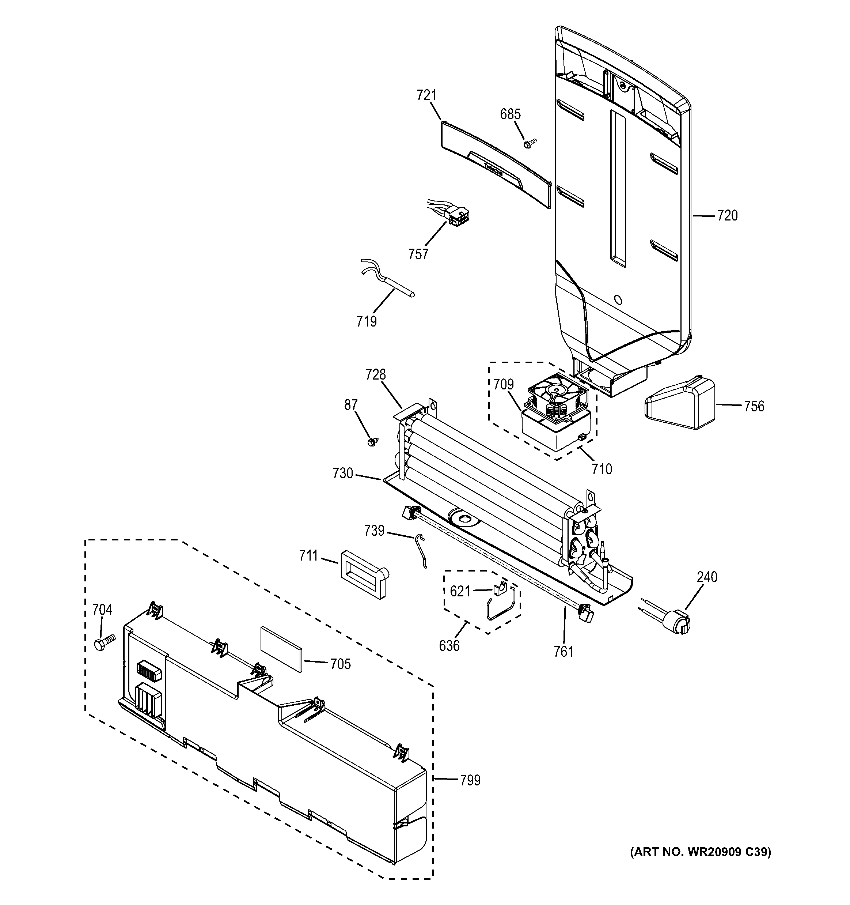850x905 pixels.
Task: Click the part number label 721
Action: pyautogui.click(x=426, y=95)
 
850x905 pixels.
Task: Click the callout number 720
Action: pyautogui.click(x=727, y=215)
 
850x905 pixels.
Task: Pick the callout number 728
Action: pyautogui.click(x=375, y=375)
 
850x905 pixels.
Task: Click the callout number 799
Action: pyautogui.click(x=470, y=780)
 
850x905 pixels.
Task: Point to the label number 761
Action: pyautogui.click(x=564, y=652)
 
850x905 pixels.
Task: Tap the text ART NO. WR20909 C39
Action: pyautogui.click(x=700, y=852)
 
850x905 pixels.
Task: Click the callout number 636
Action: pyautogui.click(x=449, y=645)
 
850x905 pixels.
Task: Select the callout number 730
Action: pyautogui.click(x=343, y=474)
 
